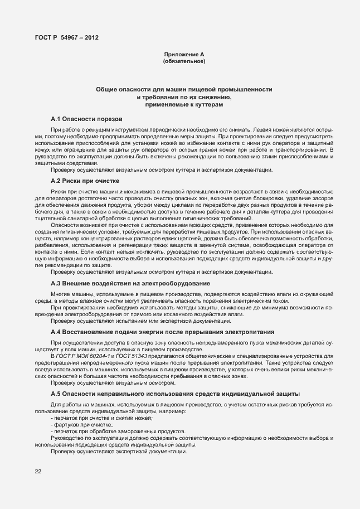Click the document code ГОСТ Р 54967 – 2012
click(67, 37)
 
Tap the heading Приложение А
click(184, 54)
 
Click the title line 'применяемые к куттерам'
click(184, 104)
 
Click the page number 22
click(38, 472)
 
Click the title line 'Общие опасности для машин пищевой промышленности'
click(184, 90)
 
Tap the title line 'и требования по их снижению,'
click(184, 98)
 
